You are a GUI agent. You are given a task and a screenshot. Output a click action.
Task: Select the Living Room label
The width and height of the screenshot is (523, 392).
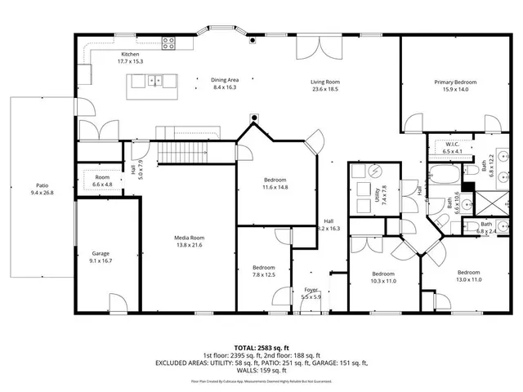pos(324,82)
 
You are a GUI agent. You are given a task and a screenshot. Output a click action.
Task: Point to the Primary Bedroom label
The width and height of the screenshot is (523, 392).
pos(455,82)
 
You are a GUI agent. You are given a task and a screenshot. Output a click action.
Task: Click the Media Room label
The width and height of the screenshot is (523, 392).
pos(188,238)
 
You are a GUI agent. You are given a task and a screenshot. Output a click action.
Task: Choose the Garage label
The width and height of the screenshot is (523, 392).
pos(101,254)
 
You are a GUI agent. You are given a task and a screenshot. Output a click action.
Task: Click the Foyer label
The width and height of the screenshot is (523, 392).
pos(311,290)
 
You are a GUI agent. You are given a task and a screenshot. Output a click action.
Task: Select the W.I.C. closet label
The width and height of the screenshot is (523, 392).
pos(452,145)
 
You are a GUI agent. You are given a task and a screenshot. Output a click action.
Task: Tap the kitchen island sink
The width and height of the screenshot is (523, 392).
pos(155,81)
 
